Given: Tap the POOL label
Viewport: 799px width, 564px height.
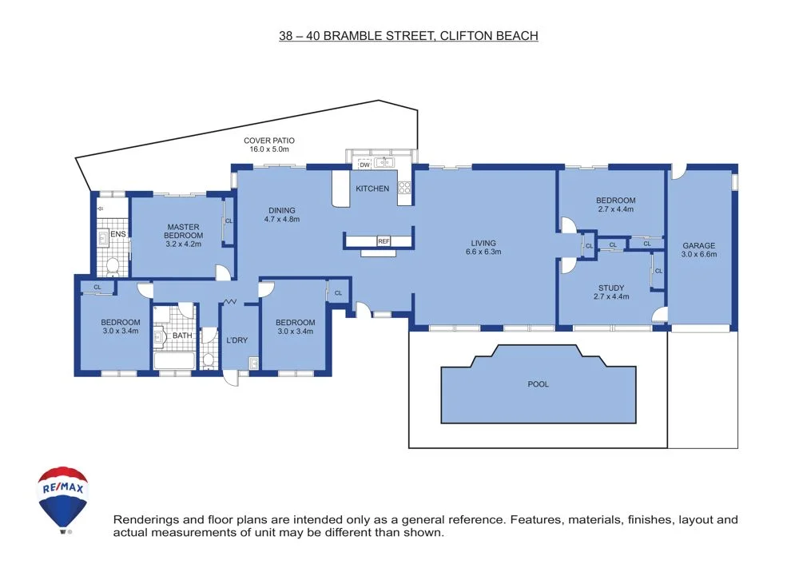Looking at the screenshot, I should (x=539, y=384).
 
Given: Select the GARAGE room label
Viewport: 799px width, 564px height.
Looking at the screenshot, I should (x=699, y=245).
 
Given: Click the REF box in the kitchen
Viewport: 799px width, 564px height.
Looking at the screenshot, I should (x=384, y=241).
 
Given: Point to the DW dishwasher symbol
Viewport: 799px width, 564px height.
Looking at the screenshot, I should (x=364, y=165).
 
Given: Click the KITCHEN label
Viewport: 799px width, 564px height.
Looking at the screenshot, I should (x=372, y=189).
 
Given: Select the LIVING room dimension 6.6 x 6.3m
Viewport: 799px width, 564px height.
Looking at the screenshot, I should (x=483, y=253).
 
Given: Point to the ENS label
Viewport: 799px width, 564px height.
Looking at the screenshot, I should (x=118, y=235).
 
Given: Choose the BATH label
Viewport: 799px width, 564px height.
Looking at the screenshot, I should (x=182, y=336).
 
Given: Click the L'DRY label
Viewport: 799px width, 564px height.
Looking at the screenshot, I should (x=237, y=340).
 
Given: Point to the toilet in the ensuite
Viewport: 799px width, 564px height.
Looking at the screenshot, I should (x=112, y=265).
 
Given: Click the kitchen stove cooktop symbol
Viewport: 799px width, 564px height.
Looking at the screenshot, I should (x=404, y=189).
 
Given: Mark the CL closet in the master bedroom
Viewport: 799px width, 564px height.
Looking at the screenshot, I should (x=229, y=221).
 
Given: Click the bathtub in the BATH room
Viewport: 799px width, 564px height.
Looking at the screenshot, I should (x=174, y=362).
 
